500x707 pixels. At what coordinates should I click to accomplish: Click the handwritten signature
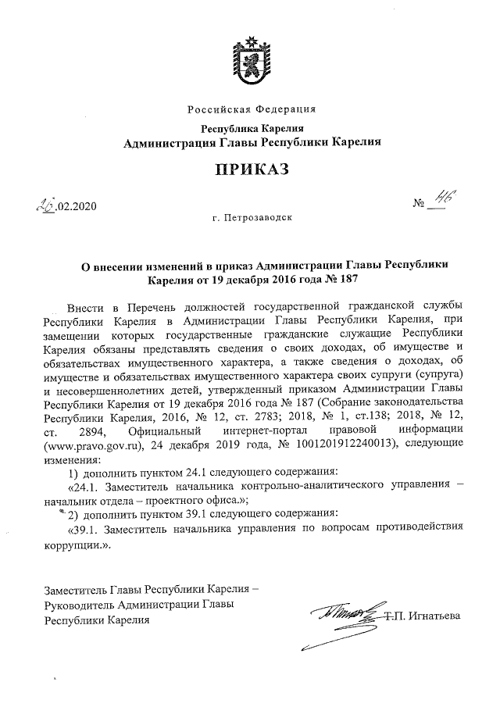pos(343,616)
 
